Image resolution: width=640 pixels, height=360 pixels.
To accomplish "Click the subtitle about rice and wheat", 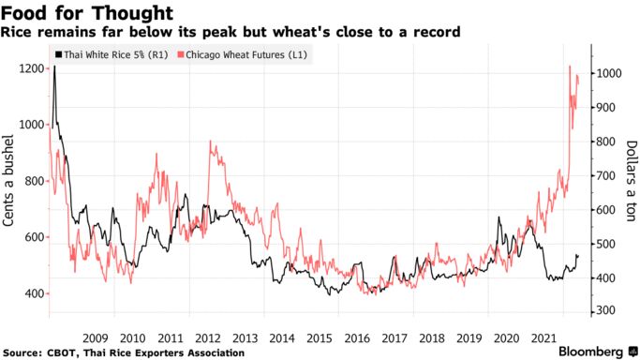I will tap(231, 33).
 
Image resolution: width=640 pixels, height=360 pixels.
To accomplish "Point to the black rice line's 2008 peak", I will tap(54, 67).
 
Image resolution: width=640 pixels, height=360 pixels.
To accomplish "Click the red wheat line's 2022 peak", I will tap(570, 67).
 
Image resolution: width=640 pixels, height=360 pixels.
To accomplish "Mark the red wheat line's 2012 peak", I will tap(209, 142).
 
